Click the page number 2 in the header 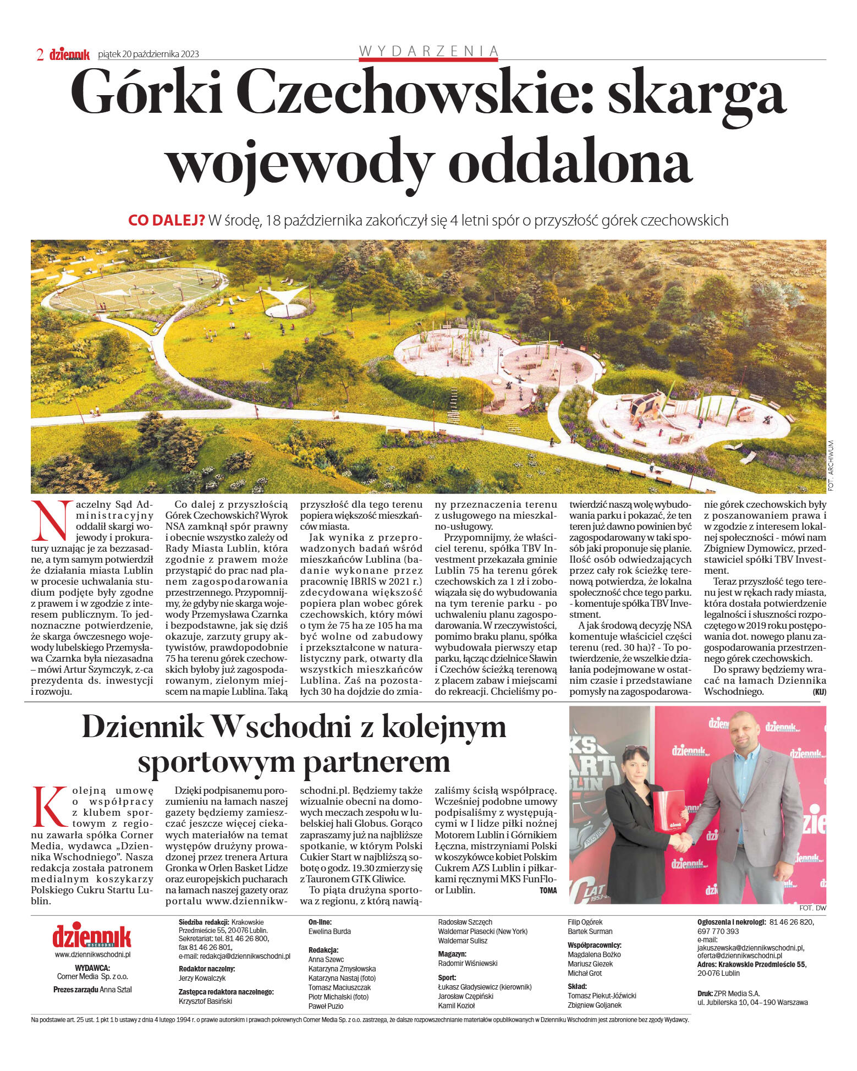[40, 54]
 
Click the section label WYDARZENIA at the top [428, 51]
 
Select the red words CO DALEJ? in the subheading [166, 221]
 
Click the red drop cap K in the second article [49, 806]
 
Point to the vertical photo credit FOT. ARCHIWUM [831, 465]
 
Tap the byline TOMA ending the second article [548, 890]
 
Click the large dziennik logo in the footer [92, 936]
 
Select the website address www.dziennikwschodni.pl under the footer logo [92, 955]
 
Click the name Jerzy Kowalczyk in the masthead [202, 977]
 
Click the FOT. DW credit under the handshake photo [813, 908]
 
